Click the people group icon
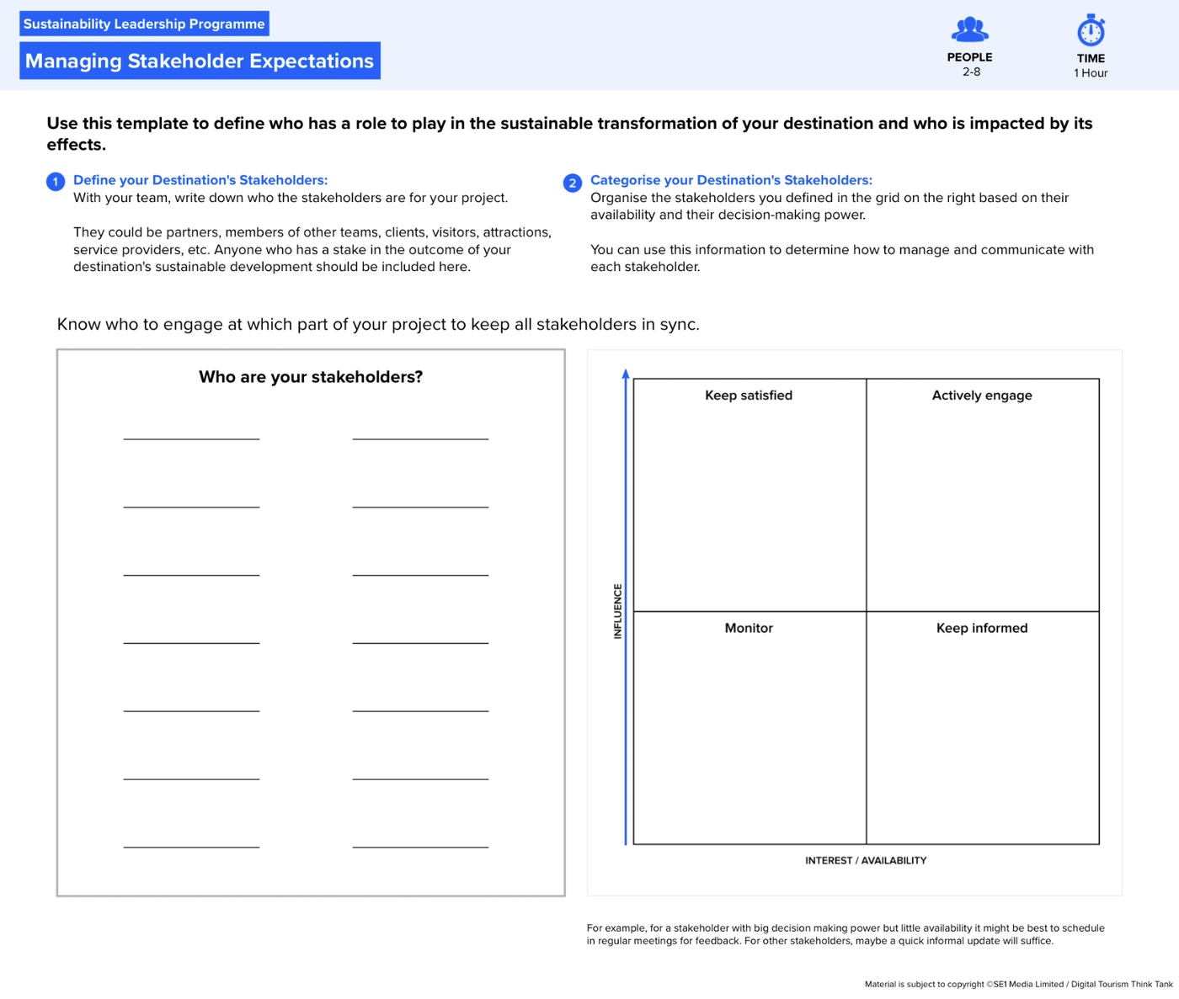tap(969, 30)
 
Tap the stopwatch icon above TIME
tap(1091, 31)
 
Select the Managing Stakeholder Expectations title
tap(200, 61)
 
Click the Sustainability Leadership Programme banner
tap(144, 24)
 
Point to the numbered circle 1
tap(56, 182)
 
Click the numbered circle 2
tap(573, 183)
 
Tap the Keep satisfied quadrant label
tap(749, 396)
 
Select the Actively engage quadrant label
tap(982, 396)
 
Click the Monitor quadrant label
tap(749, 628)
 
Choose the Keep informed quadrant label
tap(982, 628)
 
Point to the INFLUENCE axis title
tap(618, 611)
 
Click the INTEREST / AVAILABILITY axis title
tap(866, 860)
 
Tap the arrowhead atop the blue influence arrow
tap(626, 374)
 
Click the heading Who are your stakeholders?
tap(311, 377)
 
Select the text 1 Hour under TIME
tap(1091, 73)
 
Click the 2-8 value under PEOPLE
tap(971, 72)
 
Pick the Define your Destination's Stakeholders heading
tap(200, 180)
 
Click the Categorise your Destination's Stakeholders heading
tap(731, 180)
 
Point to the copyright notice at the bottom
tap(1018, 984)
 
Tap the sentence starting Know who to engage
tap(378, 325)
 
